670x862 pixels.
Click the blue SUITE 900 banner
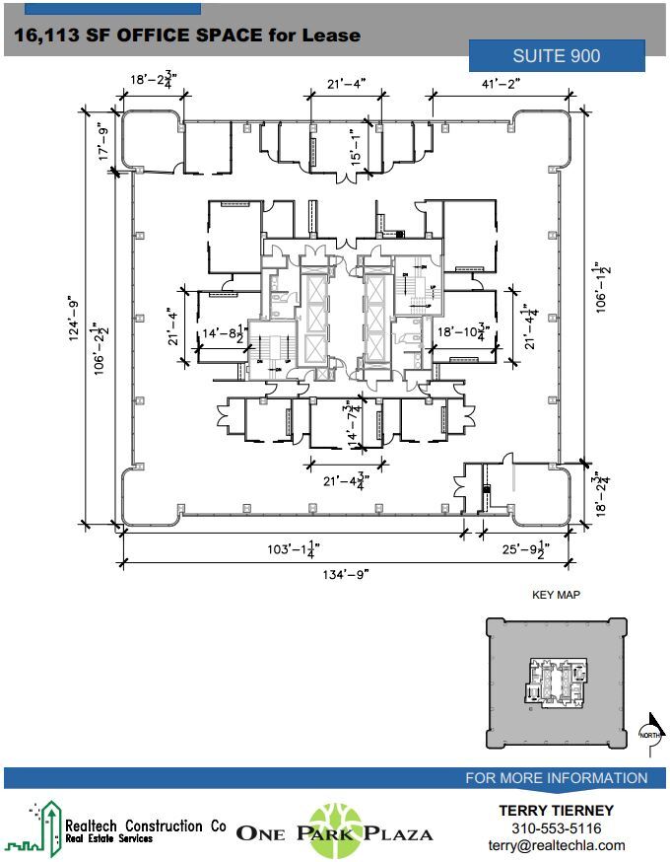click(557, 56)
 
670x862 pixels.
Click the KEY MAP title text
click(556, 595)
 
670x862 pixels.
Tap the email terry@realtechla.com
click(557, 845)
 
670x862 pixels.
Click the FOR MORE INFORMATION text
click(556, 778)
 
